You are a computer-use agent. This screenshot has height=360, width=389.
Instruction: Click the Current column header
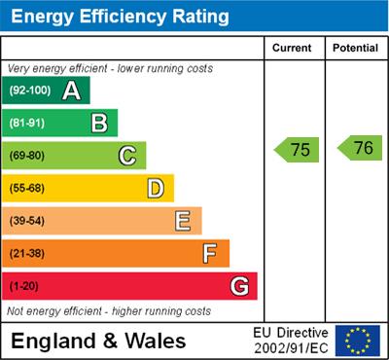click(292, 48)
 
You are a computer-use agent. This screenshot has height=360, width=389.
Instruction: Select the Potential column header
click(354, 48)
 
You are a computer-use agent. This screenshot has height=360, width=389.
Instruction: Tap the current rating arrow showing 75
click(297, 149)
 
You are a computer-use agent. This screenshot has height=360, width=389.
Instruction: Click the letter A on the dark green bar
click(71, 90)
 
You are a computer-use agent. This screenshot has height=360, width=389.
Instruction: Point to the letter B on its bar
click(99, 123)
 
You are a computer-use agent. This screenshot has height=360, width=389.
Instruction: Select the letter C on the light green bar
click(127, 156)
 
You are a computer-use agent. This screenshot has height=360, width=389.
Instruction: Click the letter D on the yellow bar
click(156, 188)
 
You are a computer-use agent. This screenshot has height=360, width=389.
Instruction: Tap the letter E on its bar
click(183, 221)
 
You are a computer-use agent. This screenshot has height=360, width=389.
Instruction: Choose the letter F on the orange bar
click(210, 254)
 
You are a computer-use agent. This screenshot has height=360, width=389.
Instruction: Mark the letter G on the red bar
click(239, 286)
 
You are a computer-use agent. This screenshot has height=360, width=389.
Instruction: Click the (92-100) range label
click(30, 90)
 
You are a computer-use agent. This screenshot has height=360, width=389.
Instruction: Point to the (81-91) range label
click(28, 124)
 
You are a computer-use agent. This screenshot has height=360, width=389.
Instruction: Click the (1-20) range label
click(25, 287)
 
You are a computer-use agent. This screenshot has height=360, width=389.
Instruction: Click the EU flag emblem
click(358, 341)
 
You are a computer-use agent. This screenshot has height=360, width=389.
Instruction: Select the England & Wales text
click(98, 342)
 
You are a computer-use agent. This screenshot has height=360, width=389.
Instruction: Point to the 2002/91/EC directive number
click(291, 348)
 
